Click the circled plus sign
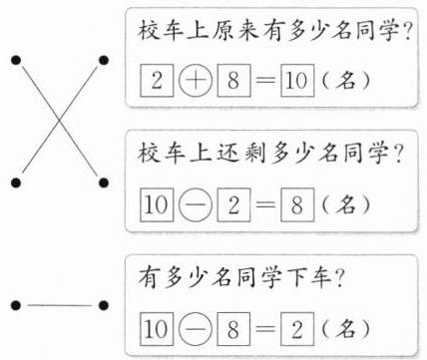196,80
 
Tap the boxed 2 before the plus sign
157,80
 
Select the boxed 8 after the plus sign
233,80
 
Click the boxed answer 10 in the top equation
297,80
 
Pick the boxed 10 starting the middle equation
157,204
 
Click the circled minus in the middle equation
196,204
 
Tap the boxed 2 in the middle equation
233,204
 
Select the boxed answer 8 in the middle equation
297,204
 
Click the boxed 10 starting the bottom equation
157,329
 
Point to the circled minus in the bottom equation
196,329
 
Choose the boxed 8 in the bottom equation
233,329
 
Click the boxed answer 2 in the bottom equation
297,329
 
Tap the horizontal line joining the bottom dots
60,305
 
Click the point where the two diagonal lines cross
60,120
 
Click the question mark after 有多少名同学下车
338,278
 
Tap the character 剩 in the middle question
255,154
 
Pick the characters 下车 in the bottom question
309,278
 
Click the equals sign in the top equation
265,80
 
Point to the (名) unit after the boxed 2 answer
345,329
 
